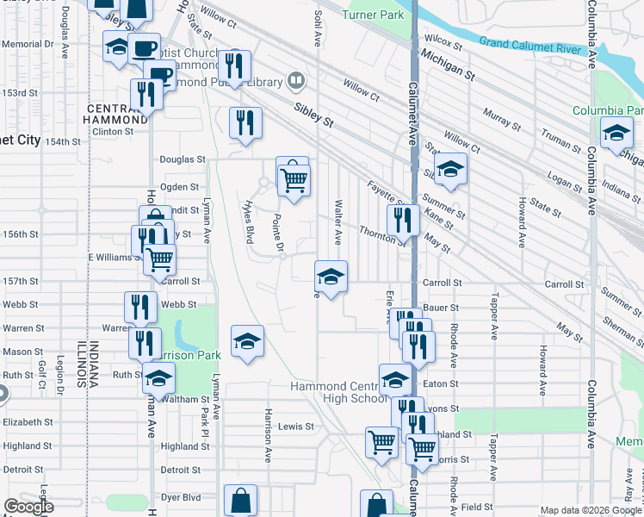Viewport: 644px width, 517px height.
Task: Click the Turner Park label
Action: click(372, 15)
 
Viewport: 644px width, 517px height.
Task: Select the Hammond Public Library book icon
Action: click(297, 81)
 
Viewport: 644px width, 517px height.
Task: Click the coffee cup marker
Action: click(145, 47)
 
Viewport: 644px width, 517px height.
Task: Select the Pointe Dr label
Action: click(279, 234)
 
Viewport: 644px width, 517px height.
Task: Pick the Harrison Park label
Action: click(194, 355)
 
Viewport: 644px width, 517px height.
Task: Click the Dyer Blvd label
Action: click(180, 497)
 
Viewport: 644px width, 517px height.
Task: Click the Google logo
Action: click(28, 507)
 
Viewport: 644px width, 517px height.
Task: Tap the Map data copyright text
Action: click(589, 510)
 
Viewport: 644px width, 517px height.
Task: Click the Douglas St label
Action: click(183, 159)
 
